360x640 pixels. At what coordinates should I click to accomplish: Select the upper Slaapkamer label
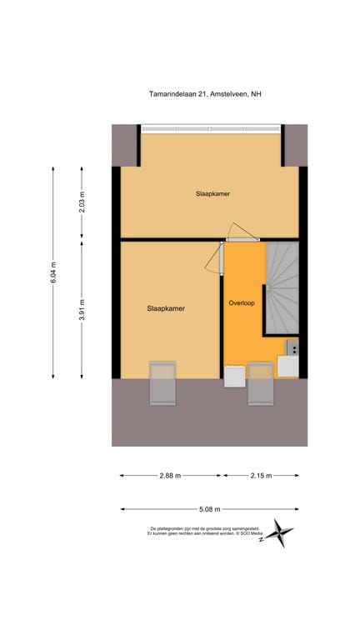pos(212,193)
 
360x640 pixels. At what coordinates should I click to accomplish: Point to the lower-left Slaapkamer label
pos(165,308)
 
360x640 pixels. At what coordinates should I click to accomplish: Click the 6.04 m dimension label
pos(54,272)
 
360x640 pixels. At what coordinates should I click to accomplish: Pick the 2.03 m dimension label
pos(82,202)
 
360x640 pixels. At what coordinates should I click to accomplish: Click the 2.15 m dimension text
pos(261,476)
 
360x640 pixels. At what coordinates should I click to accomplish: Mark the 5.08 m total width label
pos(209,508)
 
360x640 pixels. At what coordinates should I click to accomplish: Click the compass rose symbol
pos(281,532)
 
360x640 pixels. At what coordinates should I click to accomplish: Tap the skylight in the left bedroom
pos(162,383)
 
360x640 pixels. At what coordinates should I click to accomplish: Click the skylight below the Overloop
pos(260,383)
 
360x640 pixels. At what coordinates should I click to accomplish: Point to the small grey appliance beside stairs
pos(292,347)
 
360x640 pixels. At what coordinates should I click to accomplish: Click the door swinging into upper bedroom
pos(242,232)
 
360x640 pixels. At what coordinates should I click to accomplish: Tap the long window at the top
pos(212,128)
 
